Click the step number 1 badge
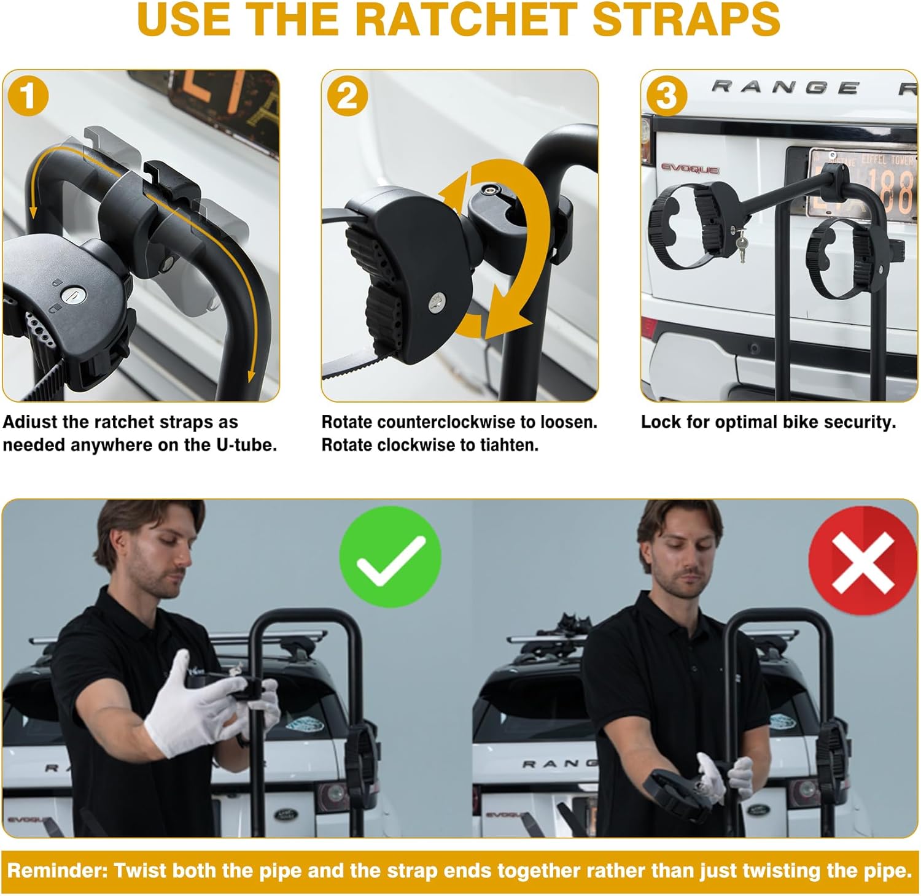[x=28, y=96]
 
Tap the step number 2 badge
[x=348, y=96]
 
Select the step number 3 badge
[x=667, y=96]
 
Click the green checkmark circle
[x=391, y=557]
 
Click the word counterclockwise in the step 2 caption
[x=447, y=422]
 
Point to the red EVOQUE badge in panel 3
[x=690, y=168]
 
